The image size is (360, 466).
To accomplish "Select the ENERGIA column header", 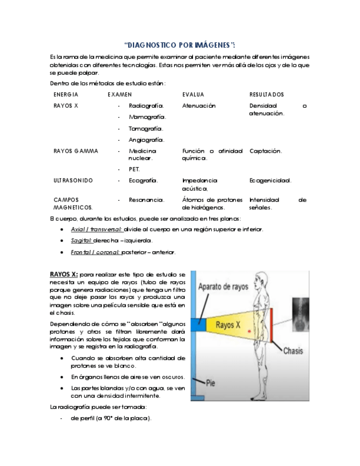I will pyautogui.click(x=65, y=95).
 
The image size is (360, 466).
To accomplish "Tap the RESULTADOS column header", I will pyautogui.click(x=267, y=95).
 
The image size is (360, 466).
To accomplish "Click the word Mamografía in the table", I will pyautogui.click(x=147, y=117).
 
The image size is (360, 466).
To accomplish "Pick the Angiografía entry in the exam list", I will pyautogui.click(x=146, y=140).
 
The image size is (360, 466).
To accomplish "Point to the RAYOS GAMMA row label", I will pyautogui.click(x=76, y=151).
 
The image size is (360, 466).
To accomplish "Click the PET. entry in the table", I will pyautogui.click(x=134, y=169).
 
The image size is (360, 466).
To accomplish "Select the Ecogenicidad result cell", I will pyautogui.click(x=270, y=180).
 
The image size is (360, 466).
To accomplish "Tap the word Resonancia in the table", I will pyautogui.click(x=146, y=200).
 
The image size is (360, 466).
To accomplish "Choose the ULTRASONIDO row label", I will pyautogui.click(x=73, y=180).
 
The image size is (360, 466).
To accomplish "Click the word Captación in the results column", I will pyautogui.click(x=265, y=151).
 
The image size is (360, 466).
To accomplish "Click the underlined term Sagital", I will pyautogui.click(x=81, y=241).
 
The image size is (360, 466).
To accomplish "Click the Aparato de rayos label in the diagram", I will pyautogui.click(x=223, y=286).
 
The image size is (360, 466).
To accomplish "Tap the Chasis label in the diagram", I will pyautogui.click(x=293, y=351).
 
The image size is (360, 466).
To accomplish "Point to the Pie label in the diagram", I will pyautogui.click(x=211, y=384).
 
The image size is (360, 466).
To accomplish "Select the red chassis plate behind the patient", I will pyautogui.click(x=271, y=325).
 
